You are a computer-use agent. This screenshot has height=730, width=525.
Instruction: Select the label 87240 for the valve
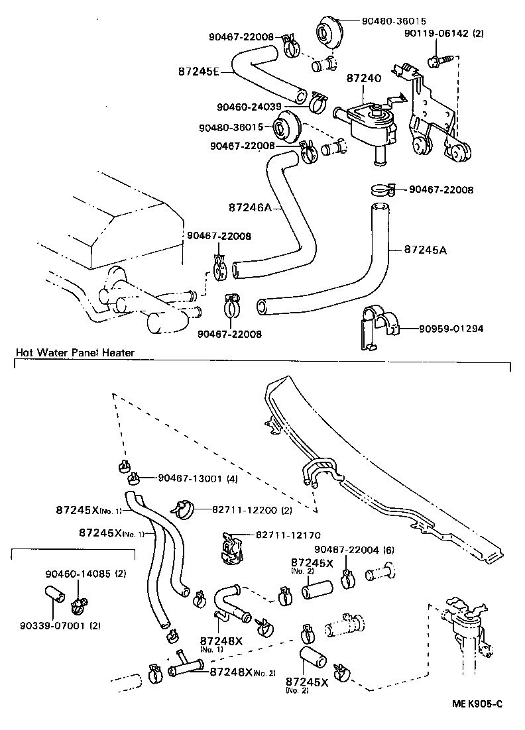[x=364, y=79]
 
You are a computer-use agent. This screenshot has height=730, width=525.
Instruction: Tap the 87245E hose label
[x=198, y=71]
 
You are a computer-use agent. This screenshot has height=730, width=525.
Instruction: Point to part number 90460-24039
[x=249, y=106]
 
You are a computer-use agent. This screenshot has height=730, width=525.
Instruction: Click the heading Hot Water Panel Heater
[x=75, y=353]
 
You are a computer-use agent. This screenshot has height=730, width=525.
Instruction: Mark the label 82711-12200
[x=246, y=510]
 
